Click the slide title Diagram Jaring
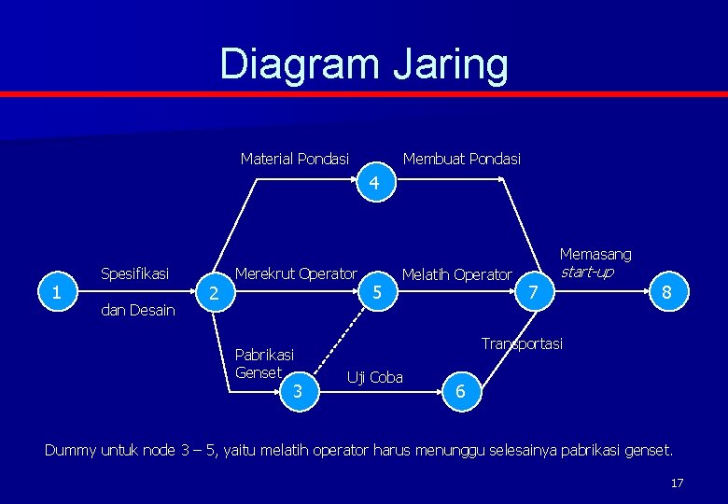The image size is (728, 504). [364, 64]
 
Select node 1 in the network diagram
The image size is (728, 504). [58, 292]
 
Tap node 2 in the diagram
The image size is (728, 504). [214, 293]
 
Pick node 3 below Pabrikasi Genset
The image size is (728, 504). [298, 391]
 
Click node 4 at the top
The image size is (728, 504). [373, 184]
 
